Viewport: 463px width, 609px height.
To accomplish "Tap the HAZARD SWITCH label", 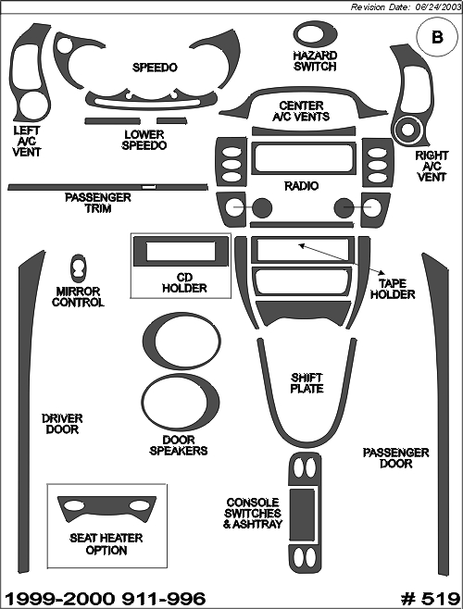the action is [x=315, y=61].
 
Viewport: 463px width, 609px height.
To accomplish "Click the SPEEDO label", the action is [x=155, y=68].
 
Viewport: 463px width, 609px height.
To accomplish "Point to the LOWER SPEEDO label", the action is [x=144, y=140].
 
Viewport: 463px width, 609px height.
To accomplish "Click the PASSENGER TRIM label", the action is [x=98, y=203].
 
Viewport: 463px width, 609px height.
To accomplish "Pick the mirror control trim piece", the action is [x=79, y=268].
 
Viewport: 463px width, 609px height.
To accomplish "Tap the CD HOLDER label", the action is [x=184, y=283].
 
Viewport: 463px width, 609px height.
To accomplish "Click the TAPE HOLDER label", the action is [x=393, y=289].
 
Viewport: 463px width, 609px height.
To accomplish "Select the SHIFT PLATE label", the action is [x=307, y=383].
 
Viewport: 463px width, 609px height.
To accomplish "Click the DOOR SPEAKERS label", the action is [x=179, y=445].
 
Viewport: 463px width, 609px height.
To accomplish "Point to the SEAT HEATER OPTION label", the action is [x=106, y=544].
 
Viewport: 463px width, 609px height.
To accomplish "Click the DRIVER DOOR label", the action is [x=62, y=424].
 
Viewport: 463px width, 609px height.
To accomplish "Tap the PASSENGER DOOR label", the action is [x=395, y=458].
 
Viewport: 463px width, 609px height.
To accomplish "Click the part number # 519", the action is [x=430, y=598].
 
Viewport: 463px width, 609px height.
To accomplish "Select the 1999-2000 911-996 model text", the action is [x=105, y=598].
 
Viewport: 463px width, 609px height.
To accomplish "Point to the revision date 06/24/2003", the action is [x=435, y=7].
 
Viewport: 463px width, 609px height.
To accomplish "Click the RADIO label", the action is [x=301, y=186].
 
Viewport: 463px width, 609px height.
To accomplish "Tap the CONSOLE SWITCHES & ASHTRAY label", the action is [x=253, y=513].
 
